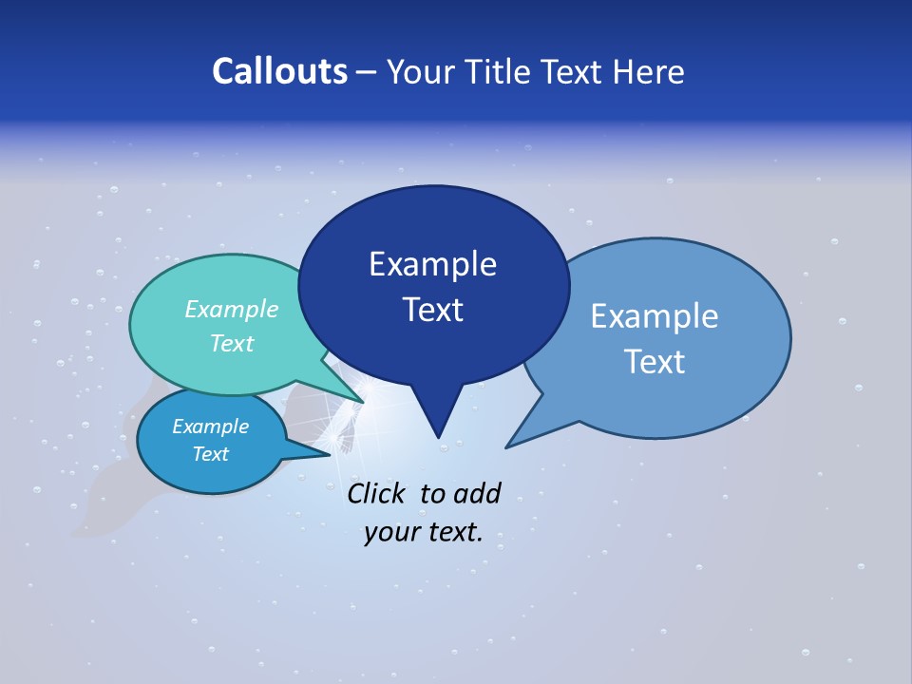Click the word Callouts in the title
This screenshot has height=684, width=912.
pyautogui.click(x=280, y=72)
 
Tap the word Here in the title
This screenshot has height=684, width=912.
pyautogui.click(x=650, y=72)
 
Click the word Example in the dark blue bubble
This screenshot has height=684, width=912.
pyautogui.click(x=432, y=264)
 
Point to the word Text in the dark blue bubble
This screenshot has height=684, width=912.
pyautogui.click(x=432, y=310)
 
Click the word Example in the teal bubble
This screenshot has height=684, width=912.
pyautogui.click(x=232, y=310)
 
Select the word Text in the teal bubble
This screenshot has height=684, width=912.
pyautogui.click(x=232, y=344)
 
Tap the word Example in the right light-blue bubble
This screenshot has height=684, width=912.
pyautogui.click(x=655, y=316)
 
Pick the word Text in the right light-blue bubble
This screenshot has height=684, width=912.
pyautogui.click(x=655, y=362)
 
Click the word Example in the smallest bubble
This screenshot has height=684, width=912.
pyautogui.click(x=210, y=427)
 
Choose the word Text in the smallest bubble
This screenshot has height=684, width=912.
pyautogui.click(x=210, y=454)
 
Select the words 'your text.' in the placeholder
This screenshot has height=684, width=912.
pyautogui.click(x=424, y=533)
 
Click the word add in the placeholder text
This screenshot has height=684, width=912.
pyautogui.click(x=476, y=493)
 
